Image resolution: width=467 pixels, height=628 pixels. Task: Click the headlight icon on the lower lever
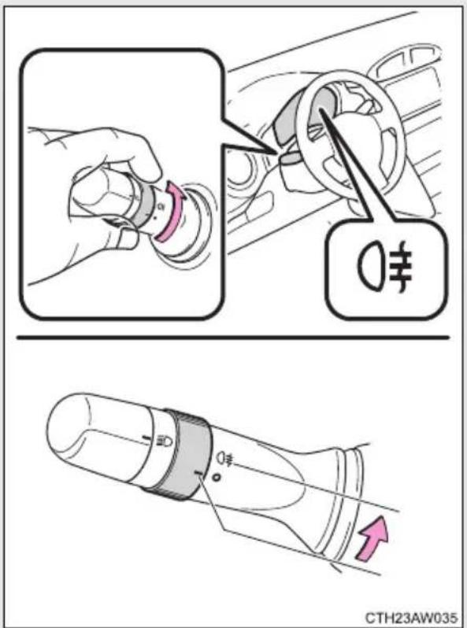(x=165, y=441)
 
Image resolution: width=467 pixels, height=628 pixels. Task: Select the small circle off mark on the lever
(x=217, y=478)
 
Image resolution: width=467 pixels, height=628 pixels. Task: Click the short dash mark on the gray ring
(x=198, y=474)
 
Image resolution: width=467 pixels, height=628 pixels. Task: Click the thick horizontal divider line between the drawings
(x=232, y=338)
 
